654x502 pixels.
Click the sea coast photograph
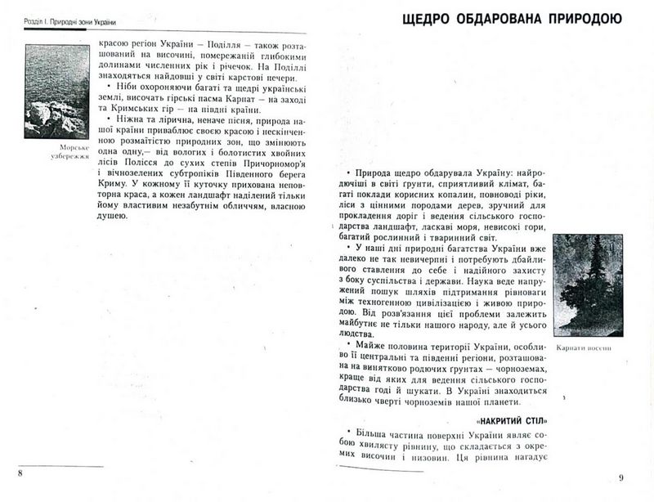(x=56, y=91)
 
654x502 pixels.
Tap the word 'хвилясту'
(x=365, y=447)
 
